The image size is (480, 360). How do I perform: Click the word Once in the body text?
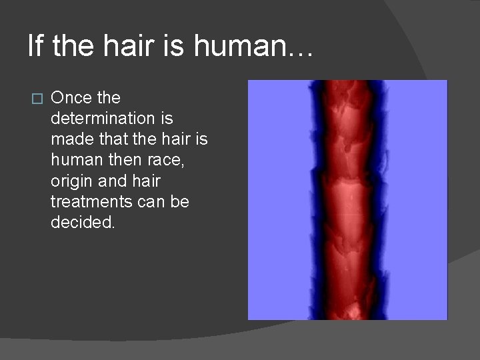[x=71, y=98]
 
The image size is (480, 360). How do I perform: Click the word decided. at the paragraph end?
[x=83, y=222]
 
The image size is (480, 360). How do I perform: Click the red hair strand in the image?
[x=347, y=200]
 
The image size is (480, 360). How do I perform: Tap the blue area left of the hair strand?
[x=280, y=200]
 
